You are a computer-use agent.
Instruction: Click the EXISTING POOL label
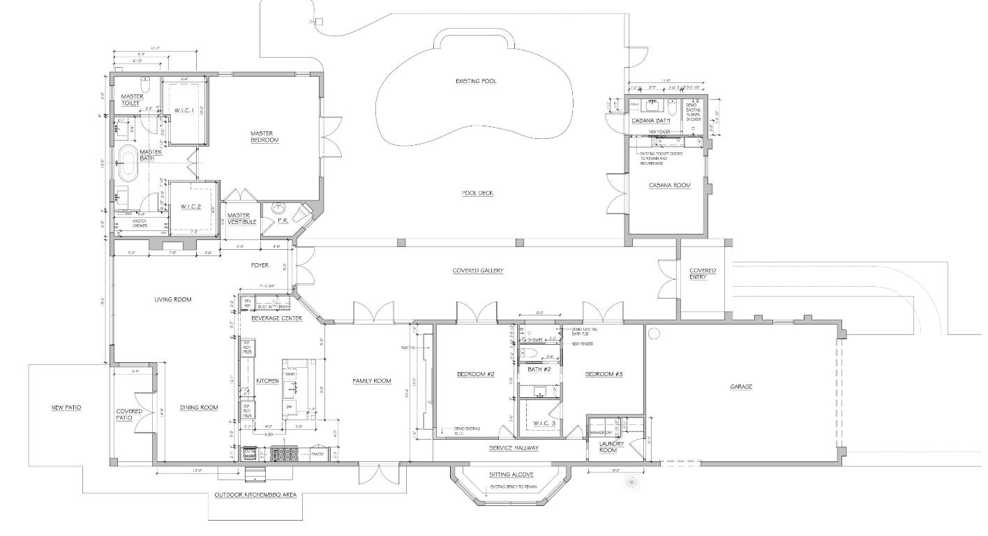tap(476, 82)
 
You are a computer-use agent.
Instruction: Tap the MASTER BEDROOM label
tap(264, 137)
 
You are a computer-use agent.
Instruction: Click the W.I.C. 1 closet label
tap(184, 110)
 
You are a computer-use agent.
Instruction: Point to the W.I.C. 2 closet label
tap(190, 207)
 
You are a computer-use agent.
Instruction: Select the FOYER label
tap(260, 265)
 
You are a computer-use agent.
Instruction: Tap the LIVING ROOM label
tap(173, 299)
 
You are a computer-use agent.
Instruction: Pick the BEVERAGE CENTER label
tap(277, 318)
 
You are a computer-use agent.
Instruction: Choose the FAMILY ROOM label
tap(371, 380)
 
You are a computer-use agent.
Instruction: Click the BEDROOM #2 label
tap(475, 374)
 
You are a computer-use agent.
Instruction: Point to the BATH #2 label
tap(539, 369)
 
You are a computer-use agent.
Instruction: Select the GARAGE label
tap(741, 386)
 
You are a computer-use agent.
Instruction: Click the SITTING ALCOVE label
tap(512, 473)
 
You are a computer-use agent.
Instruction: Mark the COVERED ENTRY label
tap(703, 274)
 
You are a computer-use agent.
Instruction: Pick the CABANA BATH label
tap(650, 121)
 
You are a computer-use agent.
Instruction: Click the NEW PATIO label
tap(66, 408)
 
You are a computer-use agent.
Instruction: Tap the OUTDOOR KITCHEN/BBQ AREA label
tap(255, 495)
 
